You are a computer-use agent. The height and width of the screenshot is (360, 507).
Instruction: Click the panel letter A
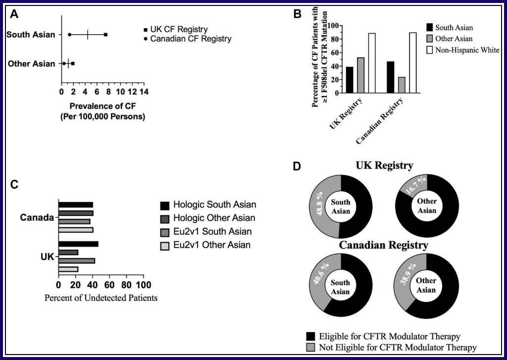15,14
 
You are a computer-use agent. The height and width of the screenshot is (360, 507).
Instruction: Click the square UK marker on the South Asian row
105,35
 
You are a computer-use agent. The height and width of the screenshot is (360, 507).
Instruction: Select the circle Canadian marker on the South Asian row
69,35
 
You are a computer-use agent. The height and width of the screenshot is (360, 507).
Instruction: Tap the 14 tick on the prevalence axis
144,92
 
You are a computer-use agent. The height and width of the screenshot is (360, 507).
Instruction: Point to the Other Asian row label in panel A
32,64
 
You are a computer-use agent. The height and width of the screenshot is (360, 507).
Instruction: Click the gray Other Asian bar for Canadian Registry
401,85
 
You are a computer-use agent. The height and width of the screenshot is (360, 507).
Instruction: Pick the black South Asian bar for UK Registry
350,80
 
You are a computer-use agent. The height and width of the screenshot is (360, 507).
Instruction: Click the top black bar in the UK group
78,244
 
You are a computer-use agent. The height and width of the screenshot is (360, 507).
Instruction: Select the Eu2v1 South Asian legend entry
212,231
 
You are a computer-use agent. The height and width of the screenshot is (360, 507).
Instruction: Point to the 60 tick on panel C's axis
109,285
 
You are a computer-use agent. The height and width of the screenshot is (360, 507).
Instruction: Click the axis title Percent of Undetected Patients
101,298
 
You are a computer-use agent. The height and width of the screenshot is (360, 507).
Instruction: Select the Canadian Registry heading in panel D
384,245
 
